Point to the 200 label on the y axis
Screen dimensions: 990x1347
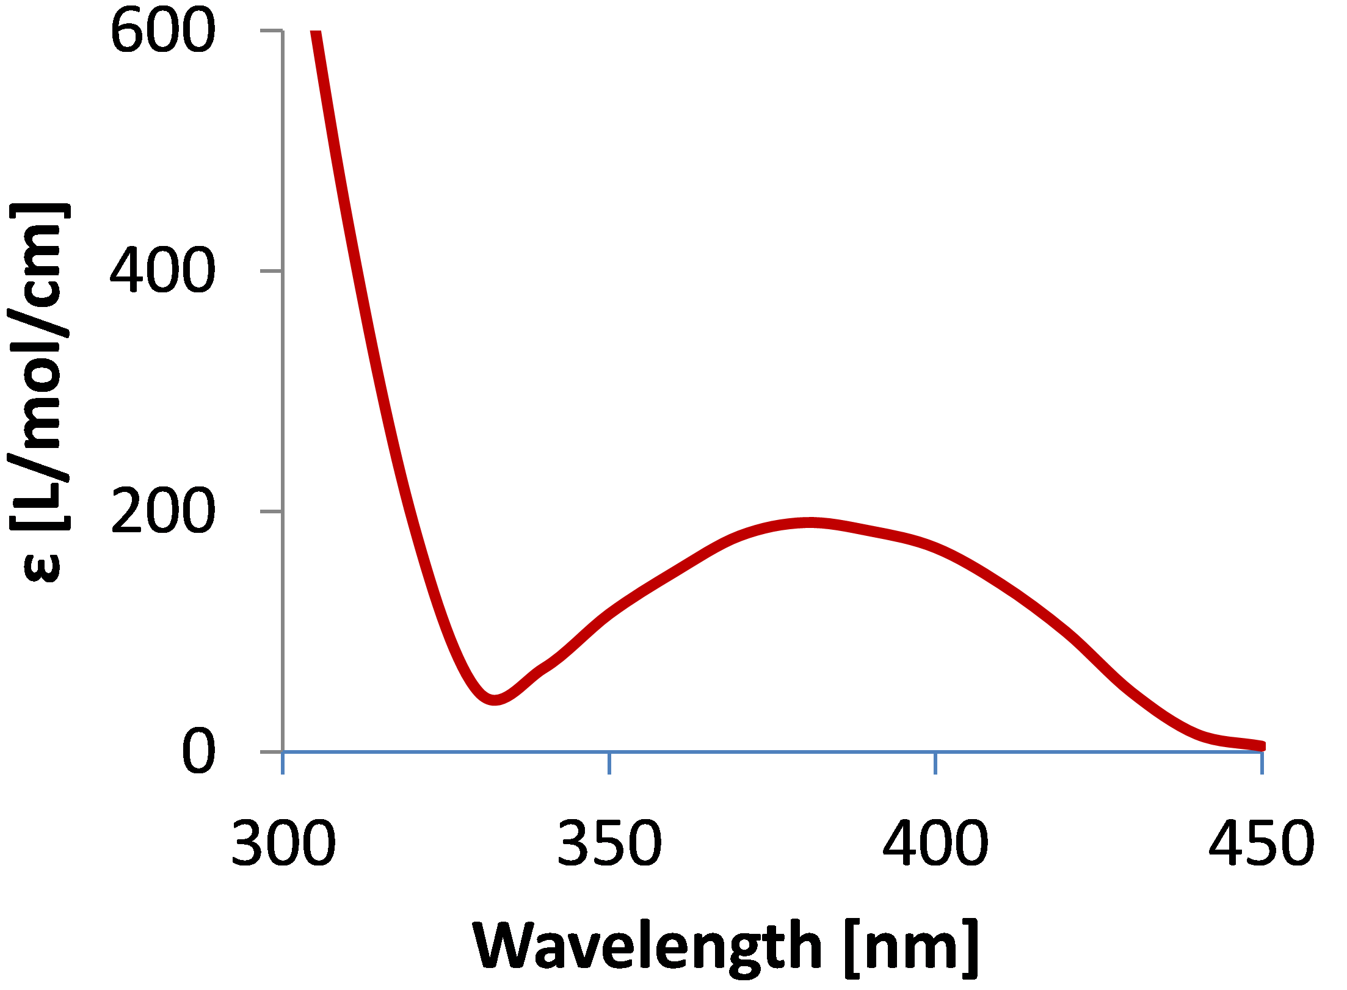pyautogui.click(x=162, y=511)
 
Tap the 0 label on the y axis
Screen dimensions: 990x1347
pyautogui.click(x=198, y=752)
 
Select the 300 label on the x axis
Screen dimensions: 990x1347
pyautogui.click(x=283, y=844)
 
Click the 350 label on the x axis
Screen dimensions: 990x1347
pyautogui.click(x=609, y=844)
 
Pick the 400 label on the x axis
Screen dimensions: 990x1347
pyautogui.click(x=935, y=844)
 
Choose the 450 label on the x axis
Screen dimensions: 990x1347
pyautogui.click(x=1262, y=844)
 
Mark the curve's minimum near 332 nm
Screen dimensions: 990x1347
pyautogui.click(x=495, y=699)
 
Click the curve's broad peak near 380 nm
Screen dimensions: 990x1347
pyautogui.click(x=809, y=522)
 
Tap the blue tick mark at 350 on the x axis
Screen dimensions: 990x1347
pyautogui.click(x=609, y=763)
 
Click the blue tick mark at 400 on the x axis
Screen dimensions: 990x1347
pyautogui.click(x=935, y=763)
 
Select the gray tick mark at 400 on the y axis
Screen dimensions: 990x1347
pyautogui.click(x=271, y=270)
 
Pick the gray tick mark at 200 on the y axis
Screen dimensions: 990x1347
pyautogui.click(x=271, y=511)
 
